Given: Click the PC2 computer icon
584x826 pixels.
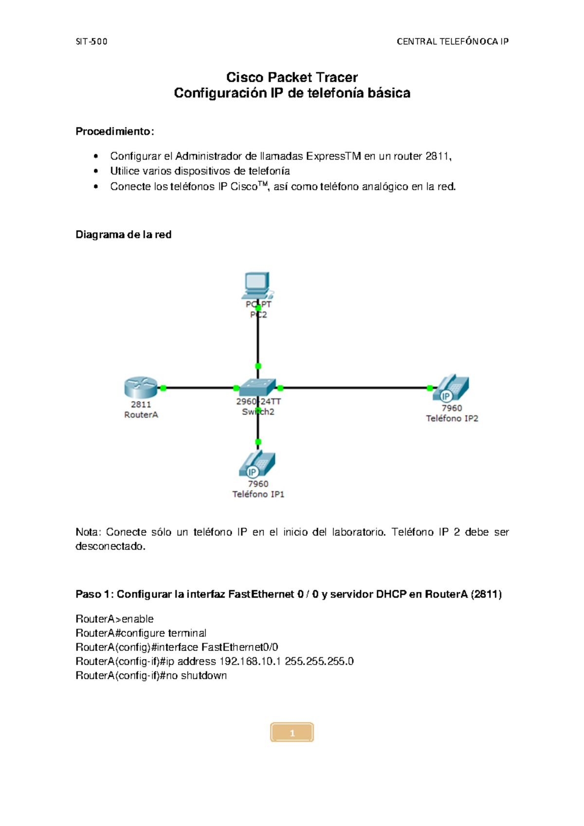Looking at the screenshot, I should (257, 285).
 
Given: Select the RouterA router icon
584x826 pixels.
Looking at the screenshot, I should (141, 388).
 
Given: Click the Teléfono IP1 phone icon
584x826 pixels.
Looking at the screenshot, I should (257, 465).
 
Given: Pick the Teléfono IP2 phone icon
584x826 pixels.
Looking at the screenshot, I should (451, 388).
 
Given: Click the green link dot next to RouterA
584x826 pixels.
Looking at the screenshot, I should (164, 388).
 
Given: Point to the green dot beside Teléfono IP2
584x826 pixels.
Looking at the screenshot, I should (430, 388).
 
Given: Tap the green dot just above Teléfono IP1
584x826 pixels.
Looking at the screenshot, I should (258, 442).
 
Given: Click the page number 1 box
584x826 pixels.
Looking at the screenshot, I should (292, 733).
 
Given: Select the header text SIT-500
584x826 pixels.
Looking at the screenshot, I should (91, 41).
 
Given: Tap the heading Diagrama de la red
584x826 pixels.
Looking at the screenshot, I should (124, 234).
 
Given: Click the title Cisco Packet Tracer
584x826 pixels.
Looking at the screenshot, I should (292, 77).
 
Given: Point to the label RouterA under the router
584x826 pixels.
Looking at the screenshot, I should (141, 415).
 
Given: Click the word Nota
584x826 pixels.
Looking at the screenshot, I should (87, 532).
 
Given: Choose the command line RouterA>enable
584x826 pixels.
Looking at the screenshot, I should (114, 619).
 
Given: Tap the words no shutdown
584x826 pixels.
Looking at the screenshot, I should (196, 676).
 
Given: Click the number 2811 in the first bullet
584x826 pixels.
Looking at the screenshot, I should (438, 156).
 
